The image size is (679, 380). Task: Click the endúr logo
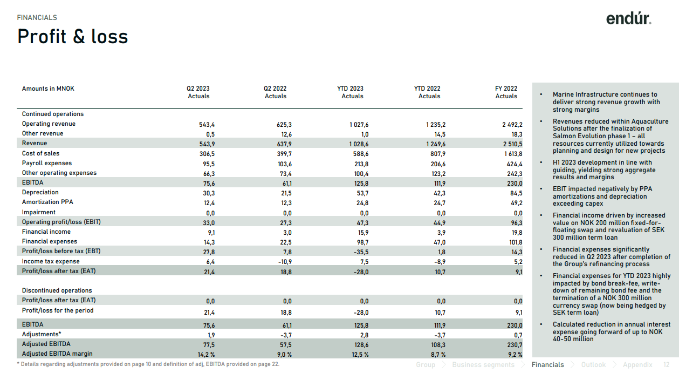[x=628, y=19]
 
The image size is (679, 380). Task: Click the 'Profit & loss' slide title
[x=73, y=36]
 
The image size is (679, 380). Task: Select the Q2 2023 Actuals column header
[x=198, y=92]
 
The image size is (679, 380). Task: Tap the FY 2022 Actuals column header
[x=506, y=92]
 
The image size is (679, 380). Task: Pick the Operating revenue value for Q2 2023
[x=207, y=125]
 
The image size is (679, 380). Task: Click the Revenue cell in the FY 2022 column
[x=512, y=144]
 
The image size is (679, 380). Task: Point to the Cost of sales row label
[x=40, y=153]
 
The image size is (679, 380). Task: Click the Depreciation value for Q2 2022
[x=286, y=193]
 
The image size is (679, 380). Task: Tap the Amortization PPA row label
[x=47, y=202]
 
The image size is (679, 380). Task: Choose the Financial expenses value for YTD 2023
[x=362, y=242]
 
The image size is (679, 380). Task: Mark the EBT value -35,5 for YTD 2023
[x=361, y=252]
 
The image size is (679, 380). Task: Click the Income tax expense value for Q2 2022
[x=285, y=262]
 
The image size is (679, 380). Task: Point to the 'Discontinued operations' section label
[x=57, y=290]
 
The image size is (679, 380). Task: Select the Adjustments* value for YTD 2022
[x=440, y=335]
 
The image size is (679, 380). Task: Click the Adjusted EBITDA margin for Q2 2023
[x=206, y=355]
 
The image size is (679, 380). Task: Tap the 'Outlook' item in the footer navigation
[x=593, y=364]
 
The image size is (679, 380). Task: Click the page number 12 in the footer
[x=666, y=364]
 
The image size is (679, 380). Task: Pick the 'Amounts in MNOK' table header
[x=48, y=89]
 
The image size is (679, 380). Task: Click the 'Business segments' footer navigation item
[x=483, y=364]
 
